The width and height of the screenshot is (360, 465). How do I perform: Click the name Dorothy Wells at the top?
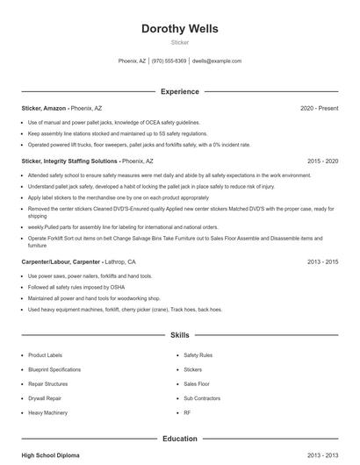179,29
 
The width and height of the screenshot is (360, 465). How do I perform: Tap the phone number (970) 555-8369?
169,61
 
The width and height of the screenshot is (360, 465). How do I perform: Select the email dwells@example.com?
216,61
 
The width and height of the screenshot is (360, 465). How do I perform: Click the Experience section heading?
179,91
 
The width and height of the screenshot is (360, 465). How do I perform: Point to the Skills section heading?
179,335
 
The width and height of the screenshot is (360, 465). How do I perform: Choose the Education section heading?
179,438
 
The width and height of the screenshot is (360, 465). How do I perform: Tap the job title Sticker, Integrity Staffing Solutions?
69,161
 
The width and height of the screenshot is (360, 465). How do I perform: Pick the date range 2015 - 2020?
322,161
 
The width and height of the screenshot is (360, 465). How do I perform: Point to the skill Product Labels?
47,355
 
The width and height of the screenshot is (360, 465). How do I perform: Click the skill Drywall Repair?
46,397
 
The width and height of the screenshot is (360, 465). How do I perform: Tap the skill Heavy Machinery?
48,412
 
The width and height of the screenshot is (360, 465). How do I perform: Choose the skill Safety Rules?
198,355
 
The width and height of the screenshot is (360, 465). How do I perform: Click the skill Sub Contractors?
201,397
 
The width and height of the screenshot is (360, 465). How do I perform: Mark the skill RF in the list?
187,412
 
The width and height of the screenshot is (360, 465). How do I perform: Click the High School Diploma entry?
52,456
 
